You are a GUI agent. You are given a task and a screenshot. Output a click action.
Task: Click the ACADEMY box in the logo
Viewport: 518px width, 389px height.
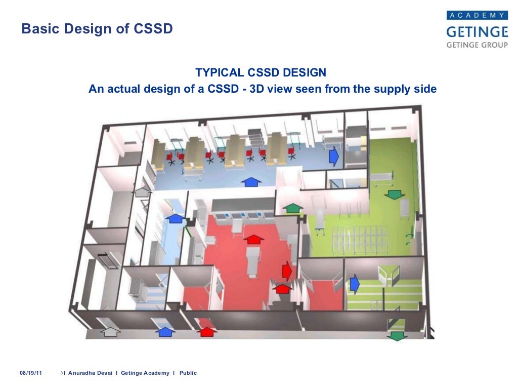(477, 16)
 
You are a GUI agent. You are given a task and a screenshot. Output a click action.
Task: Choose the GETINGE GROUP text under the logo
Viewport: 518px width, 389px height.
(476, 45)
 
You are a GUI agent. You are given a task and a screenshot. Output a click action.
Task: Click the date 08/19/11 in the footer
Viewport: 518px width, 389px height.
(31, 373)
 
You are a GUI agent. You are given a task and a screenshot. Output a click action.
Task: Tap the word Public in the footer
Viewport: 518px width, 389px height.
(188, 373)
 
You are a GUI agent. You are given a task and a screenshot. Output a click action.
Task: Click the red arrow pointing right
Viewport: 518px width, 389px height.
(286, 271)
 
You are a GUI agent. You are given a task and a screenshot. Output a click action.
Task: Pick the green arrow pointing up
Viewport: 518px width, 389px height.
(292, 207)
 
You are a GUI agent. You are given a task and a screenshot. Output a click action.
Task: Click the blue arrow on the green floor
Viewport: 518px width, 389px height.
(354, 282)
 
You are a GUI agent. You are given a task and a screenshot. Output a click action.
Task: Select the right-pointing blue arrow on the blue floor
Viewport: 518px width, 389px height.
(333, 157)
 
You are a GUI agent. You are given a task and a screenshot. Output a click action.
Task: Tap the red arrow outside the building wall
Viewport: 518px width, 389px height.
(206, 332)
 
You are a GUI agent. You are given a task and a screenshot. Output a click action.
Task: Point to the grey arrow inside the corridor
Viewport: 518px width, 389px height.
(143, 191)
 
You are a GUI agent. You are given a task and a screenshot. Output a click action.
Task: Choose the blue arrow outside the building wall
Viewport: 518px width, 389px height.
(165, 332)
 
